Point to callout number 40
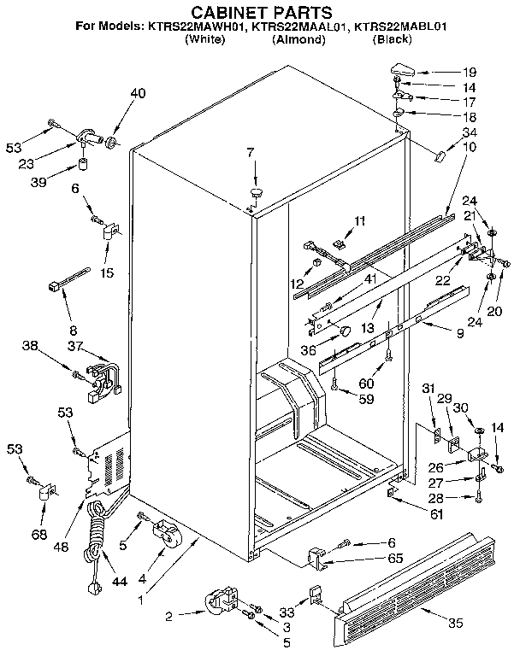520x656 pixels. click(x=139, y=94)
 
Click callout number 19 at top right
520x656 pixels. click(x=470, y=73)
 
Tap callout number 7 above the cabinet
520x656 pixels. click(x=251, y=153)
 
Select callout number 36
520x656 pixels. click(x=309, y=348)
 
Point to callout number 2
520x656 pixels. click(x=168, y=614)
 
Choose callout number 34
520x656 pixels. click(x=470, y=132)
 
